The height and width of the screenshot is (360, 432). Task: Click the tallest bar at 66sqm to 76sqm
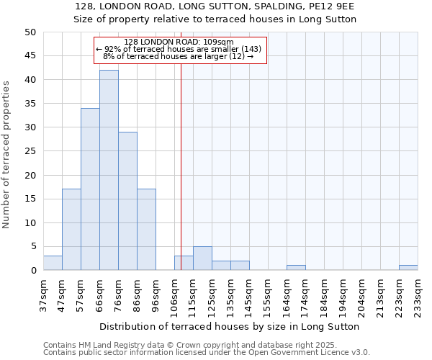point(109,170)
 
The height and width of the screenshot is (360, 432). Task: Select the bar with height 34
point(90,189)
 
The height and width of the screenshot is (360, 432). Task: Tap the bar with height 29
point(127,201)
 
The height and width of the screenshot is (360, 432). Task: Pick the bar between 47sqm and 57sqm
point(71,230)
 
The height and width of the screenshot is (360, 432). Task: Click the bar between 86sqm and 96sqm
point(146,230)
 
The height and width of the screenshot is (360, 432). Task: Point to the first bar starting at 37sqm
point(53,264)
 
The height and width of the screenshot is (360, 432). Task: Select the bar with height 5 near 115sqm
point(202,258)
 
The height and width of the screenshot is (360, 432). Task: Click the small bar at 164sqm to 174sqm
point(296,268)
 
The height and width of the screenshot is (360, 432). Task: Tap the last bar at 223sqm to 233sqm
point(408,268)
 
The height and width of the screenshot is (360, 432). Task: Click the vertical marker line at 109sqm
point(181,166)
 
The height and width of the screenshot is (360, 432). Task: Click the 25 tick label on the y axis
point(30,151)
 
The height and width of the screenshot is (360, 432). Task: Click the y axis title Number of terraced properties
point(6,154)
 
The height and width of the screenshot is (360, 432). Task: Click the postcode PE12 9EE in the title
point(332,6)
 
